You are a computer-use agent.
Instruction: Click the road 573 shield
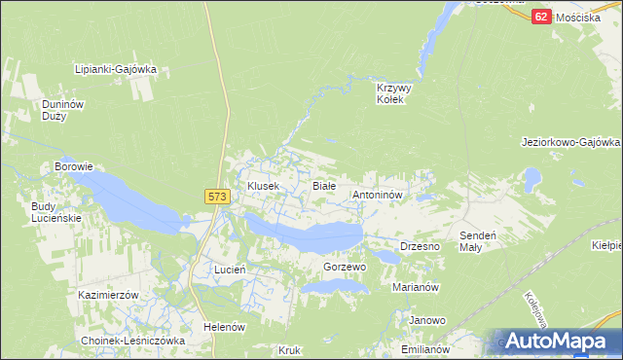[217, 197]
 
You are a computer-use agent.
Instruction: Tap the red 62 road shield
[542, 17]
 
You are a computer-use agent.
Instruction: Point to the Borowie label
[73, 166]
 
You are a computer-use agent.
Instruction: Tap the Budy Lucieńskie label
[56, 212]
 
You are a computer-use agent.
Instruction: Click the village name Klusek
[263, 185]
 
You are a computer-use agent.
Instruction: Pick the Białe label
[323, 185]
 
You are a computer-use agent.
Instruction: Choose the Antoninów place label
[377, 195]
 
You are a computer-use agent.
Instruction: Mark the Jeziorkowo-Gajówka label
[570, 142]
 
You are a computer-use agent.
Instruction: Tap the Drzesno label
[421, 247]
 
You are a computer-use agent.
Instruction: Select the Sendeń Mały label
[478, 241]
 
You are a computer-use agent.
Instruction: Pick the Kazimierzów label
[110, 294]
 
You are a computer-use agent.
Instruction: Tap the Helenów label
[223, 327]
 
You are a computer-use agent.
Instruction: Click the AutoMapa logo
[558, 342]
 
